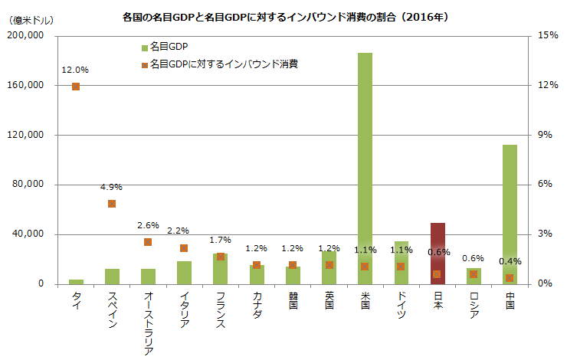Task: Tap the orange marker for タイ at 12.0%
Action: click(x=76, y=87)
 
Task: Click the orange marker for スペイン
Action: click(x=112, y=204)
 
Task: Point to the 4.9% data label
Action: click(x=112, y=187)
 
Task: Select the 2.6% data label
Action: click(x=148, y=225)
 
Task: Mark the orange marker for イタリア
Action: click(x=184, y=248)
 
